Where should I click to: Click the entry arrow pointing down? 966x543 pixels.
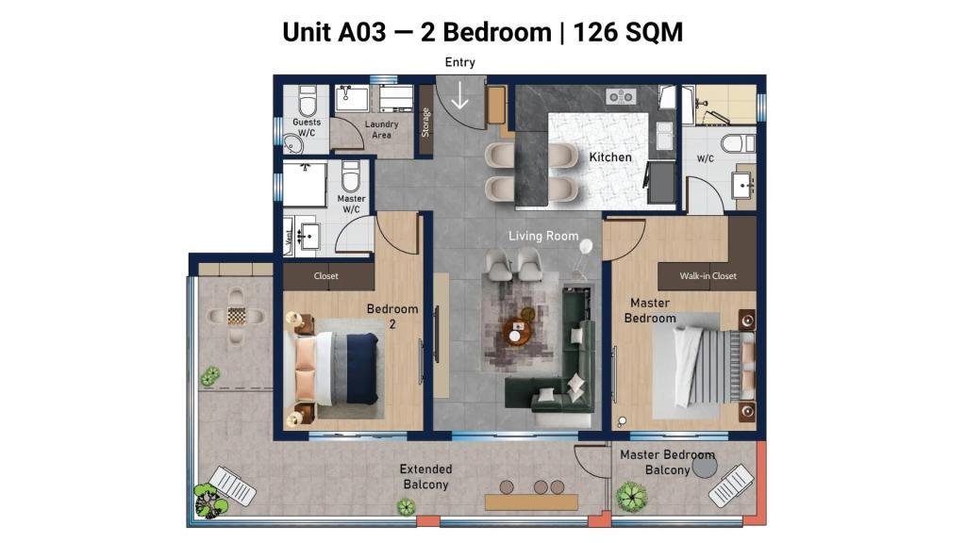[459, 94]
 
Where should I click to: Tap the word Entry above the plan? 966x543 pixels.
[460, 62]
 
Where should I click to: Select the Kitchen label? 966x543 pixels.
[610, 157]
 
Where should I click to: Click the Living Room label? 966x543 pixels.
[543, 236]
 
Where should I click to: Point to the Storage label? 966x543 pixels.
[425, 122]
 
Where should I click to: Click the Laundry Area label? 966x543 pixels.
[381, 129]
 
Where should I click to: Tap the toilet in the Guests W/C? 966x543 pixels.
[308, 101]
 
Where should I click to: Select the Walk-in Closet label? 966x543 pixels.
[708, 276]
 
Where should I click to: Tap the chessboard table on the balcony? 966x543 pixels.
[237, 316]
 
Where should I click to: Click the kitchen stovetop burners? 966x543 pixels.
[621, 97]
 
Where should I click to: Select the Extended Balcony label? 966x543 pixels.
[425, 476]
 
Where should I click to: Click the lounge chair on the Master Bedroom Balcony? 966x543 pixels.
[731, 485]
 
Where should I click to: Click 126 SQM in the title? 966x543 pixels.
[627, 32]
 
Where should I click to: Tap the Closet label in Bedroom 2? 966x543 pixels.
[325, 276]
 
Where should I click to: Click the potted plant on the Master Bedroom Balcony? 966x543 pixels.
[631, 497]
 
